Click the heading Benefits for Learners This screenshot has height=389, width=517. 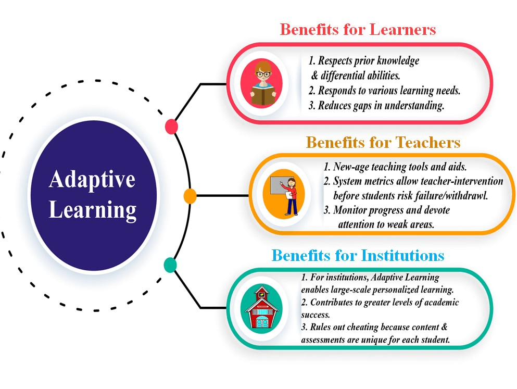358,29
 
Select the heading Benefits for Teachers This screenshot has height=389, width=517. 383,142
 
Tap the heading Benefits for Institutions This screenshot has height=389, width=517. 358,256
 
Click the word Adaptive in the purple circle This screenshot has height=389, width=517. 92,180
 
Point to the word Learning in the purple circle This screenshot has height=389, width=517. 92,210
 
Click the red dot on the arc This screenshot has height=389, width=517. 171,127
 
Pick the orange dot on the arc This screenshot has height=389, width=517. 190,196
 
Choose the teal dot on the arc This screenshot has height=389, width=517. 170,265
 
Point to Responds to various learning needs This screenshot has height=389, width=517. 384,91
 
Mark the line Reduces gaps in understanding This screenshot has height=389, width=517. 376,106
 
